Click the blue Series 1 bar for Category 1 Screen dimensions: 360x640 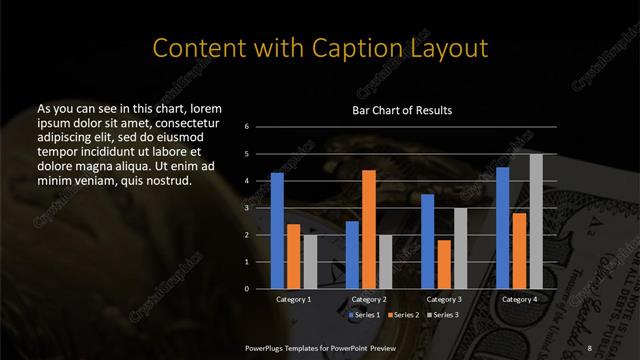click(277, 231)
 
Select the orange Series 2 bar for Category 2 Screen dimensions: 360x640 click(369, 229)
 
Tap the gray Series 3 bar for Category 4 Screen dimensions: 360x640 click(536, 221)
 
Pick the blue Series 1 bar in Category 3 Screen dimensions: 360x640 click(428, 241)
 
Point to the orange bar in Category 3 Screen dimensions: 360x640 click(444, 264)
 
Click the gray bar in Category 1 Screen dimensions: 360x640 click(310, 262)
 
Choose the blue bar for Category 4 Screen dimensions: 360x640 click(503, 228)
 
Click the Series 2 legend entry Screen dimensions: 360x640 click(403, 314)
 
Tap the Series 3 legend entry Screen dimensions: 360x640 click(440, 314)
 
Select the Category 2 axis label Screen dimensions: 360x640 click(369, 299)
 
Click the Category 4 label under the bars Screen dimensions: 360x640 click(519, 299)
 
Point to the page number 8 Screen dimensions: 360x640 click(591, 346)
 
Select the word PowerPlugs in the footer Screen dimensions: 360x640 click(269, 346)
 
